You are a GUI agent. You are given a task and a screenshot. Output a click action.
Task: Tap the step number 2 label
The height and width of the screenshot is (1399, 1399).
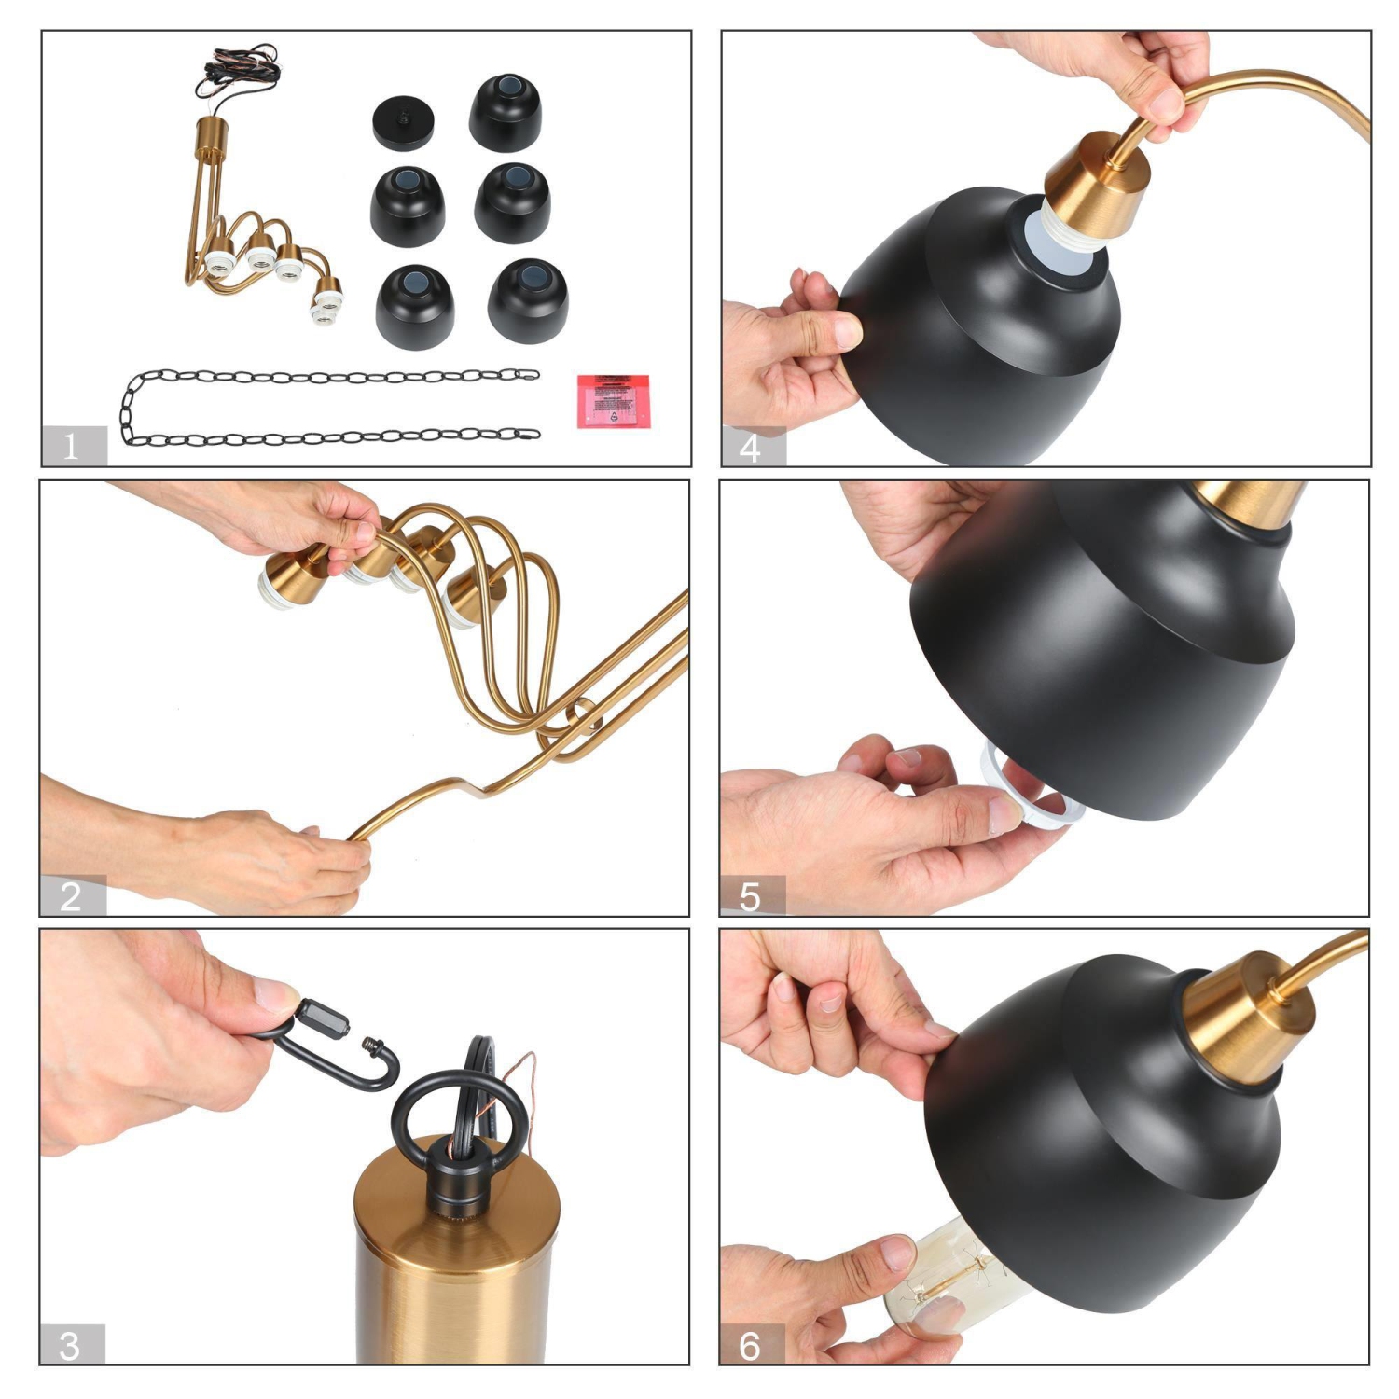click(x=72, y=896)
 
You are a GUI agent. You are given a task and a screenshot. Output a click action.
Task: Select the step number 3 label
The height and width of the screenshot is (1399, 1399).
click(x=71, y=1345)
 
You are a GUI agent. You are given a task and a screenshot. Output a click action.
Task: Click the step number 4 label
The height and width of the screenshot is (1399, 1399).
click(x=752, y=448)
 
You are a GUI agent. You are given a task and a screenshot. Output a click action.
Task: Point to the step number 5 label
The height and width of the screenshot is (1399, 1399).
click(x=752, y=896)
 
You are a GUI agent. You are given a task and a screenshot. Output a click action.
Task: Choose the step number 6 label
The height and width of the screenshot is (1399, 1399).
click(x=752, y=1345)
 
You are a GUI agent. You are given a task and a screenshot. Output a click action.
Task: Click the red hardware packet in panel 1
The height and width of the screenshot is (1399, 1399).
click(x=613, y=400)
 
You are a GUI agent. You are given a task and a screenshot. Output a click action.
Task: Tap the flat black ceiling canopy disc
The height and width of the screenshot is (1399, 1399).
click(x=403, y=124)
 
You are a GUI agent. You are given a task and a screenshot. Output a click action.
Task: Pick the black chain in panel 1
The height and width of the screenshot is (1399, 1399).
click(x=326, y=407)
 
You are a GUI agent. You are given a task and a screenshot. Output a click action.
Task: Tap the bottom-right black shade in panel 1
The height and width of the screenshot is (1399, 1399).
click(x=527, y=298)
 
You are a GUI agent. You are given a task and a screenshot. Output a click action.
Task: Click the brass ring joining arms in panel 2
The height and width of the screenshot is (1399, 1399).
click(x=584, y=716)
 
